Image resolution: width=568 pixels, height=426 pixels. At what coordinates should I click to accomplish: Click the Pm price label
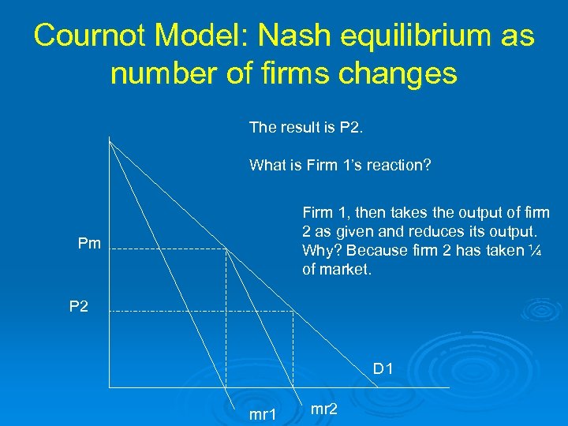[89, 244]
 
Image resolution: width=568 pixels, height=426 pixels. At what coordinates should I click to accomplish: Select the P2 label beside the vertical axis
[79, 306]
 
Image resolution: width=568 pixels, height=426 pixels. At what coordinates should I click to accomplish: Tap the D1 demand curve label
[384, 368]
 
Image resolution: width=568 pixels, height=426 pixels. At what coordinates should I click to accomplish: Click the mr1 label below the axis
[263, 414]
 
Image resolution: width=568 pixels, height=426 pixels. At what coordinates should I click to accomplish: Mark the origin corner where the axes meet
[109, 387]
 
